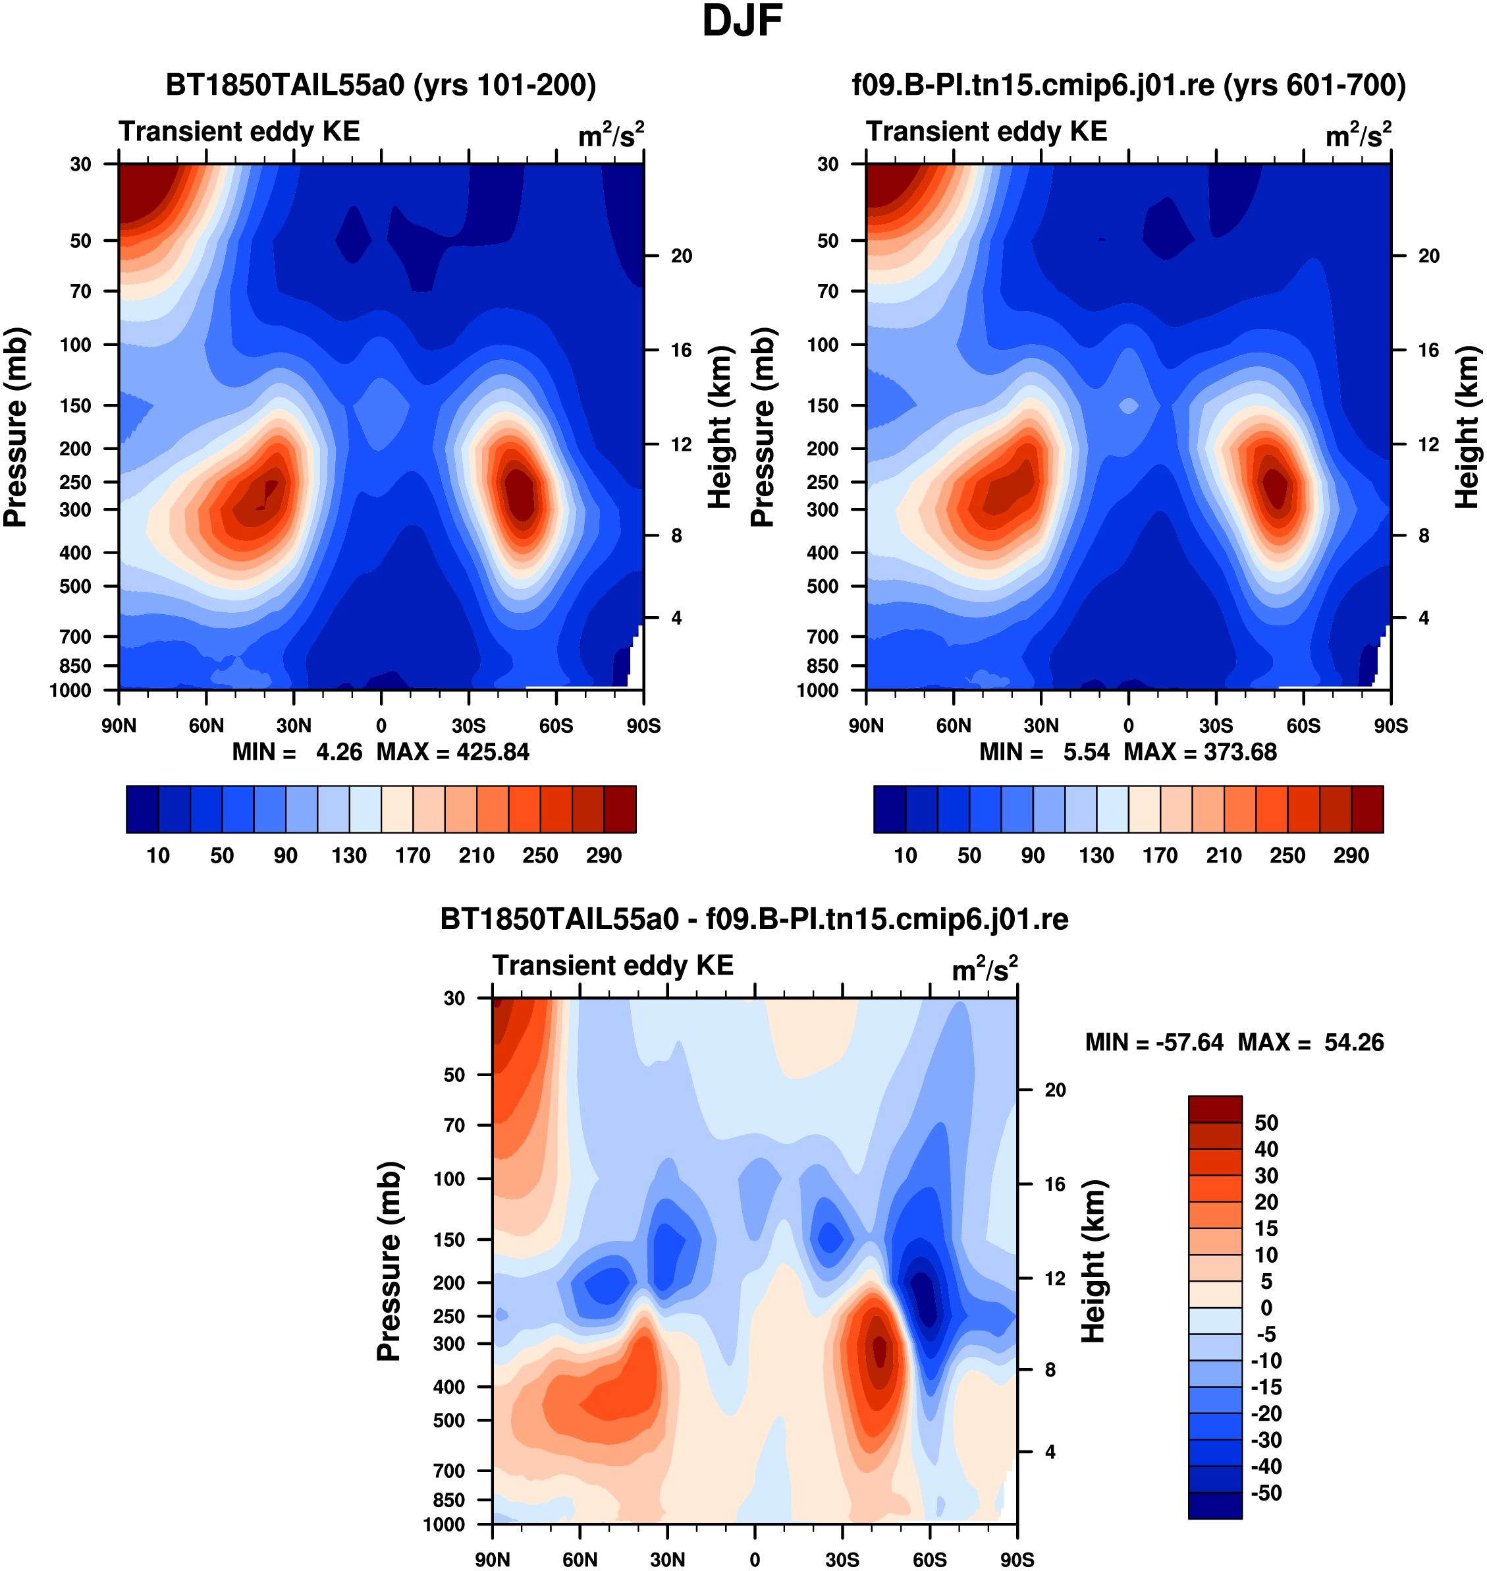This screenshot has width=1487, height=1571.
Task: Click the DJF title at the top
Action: click(x=743, y=21)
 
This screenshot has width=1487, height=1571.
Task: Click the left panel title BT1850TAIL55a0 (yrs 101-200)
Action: click(x=381, y=85)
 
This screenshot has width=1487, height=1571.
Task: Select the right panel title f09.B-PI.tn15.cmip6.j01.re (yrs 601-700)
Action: click(x=1129, y=85)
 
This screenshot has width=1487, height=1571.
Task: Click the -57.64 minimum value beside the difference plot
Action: click(x=1190, y=1042)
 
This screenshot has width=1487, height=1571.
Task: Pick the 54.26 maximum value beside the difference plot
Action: click(x=1354, y=1042)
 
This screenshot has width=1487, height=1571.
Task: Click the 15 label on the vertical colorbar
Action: click(x=1266, y=1228)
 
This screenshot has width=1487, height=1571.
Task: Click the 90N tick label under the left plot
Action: click(x=119, y=726)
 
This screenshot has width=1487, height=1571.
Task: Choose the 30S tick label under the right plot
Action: click(x=1216, y=726)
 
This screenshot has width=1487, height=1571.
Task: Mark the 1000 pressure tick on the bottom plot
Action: click(x=444, y=1524)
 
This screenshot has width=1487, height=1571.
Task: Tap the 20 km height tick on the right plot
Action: click(x=1428, y=256)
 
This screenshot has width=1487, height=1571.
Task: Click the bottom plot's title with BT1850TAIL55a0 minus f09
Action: click(x=754, y=919)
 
